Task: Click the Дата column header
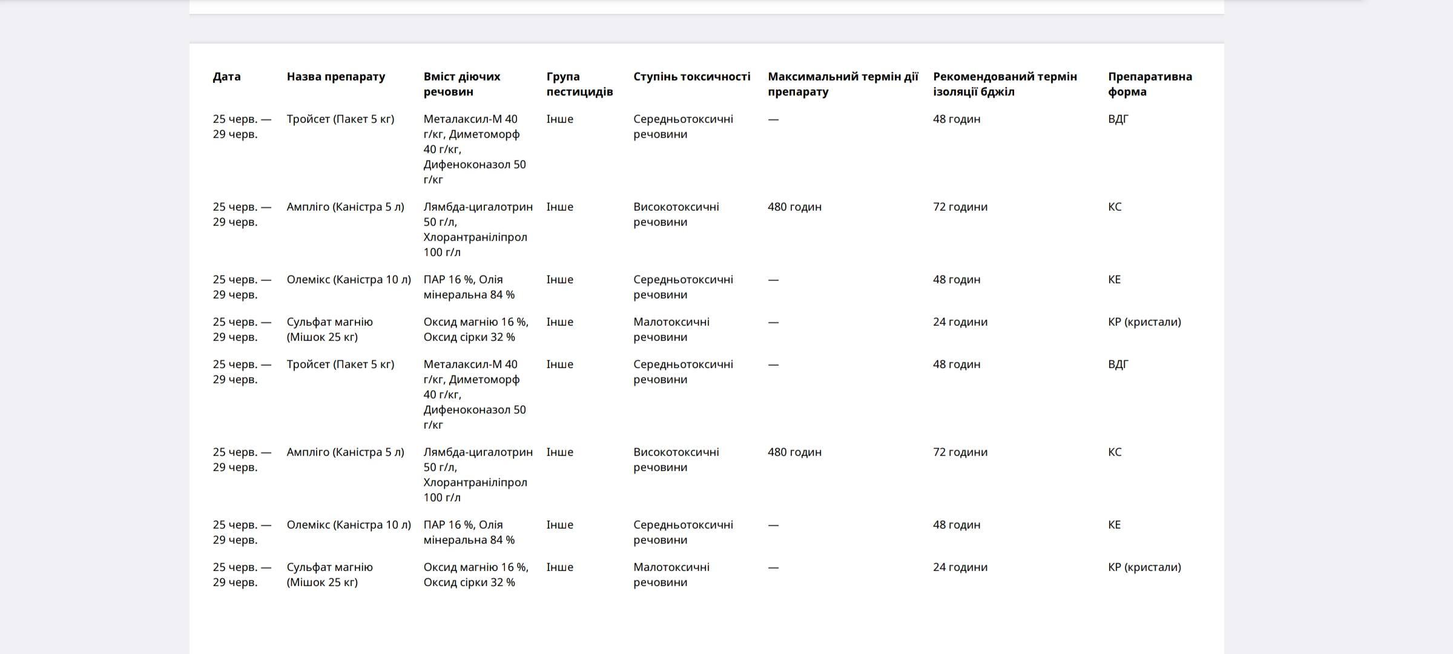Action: [226, 77]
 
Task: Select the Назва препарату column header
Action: [335, 77]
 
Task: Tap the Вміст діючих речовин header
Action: [462, 84]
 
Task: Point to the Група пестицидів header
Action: [579, 84]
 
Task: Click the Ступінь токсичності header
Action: [691, 77]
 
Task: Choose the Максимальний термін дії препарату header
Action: [843, 84]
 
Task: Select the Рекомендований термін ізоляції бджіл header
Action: [1005, 84]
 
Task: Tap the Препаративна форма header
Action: [1150, 84]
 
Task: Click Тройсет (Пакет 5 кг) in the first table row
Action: [340, 119]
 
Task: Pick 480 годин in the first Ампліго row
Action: [794, 207]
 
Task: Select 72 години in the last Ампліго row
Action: [960, 452]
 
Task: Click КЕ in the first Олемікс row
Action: [1114, 280]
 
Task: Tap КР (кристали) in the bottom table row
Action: [1144, 567]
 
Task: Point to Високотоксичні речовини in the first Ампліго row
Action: [676, 214]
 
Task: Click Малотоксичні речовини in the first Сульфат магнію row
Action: [671, 329]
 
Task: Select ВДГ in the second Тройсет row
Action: [1118, 365]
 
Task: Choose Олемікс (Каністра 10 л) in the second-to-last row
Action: [349, 525]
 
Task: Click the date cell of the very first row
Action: [242, 127]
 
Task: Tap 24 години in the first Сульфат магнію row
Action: [960, 322]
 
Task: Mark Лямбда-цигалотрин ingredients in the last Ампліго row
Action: [478, 475]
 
